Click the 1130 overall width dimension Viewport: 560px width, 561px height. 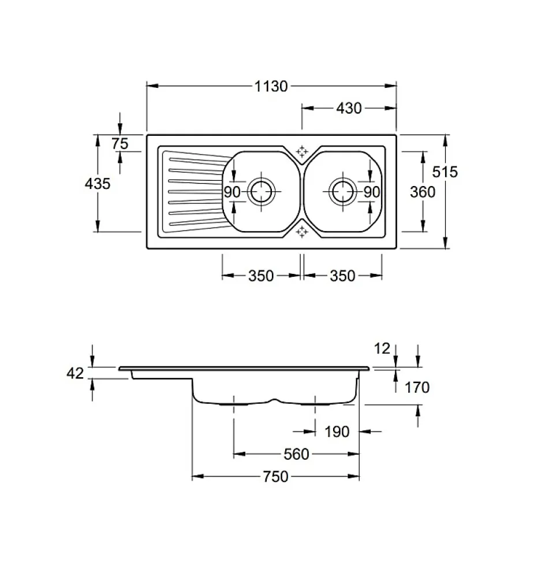pyautogui.click(x=271, y=86)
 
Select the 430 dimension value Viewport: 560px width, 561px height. pyautogui.click(x=349, y=108)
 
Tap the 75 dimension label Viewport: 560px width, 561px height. pyautogui.click(x=120, y=143)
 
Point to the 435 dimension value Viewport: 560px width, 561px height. pyautogui.click(x=97, y=183)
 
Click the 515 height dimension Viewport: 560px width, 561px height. pyautogui.click(x=445, y=172)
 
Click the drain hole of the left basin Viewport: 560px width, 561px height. pyautogui.click(x=262, y=191)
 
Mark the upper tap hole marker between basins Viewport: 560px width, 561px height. pyautogui.click(x=301, y=151)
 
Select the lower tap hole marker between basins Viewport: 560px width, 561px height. pyautogui.click(x=301, y=232)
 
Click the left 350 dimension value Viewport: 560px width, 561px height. pyautogui.click(x=260, y=276)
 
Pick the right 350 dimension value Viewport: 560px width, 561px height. pyautogui.click(x=342, y=276)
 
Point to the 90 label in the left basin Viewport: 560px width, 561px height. pyautogui.click(x=232, y=192)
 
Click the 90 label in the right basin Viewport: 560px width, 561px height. pyautogui.click(x=372, y=192)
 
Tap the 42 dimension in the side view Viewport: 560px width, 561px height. pyautogui.click(x=76, y=374)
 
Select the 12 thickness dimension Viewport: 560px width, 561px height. pyautogui.click(x=383, y=348)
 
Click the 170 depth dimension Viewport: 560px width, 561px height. pyautogui.click(x=417, y=387)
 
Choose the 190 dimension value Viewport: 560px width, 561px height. pyautogui.click(x=337, y=432)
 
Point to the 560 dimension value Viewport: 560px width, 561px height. pyautogui.click(x=297, y=455)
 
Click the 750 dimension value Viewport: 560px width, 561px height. pyautogui.click(x=275, y=477)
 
